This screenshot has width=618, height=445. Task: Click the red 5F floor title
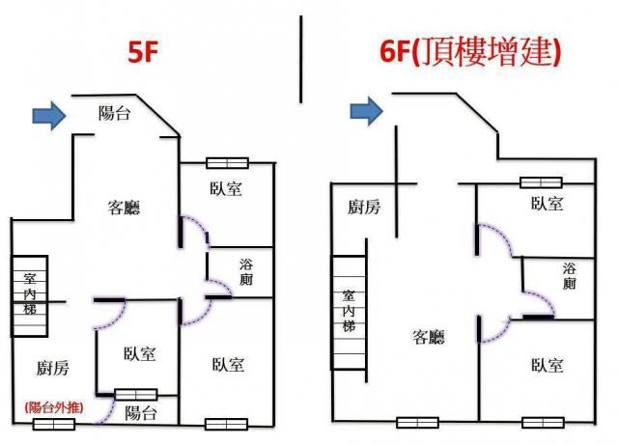(x=143, y=51)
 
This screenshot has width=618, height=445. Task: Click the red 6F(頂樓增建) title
(x=470, y=52)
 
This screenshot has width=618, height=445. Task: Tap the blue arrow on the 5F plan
(x=49, y=115)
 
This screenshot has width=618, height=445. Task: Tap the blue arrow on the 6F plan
(x=367, y=111)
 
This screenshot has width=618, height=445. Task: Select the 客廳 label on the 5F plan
(x=124, y=208)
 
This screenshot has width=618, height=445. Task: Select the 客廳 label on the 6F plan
(x=429, y=337)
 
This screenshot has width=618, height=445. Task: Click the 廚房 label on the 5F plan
(x=53, y=368)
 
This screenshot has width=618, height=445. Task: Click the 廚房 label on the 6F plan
(x=364, y=207)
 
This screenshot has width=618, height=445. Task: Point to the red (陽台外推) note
(x=54, y=407)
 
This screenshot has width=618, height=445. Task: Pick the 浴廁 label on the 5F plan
(x=246, y=272)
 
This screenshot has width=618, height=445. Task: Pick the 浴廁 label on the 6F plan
(x=569, y=276)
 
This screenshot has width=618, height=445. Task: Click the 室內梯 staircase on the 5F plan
(x=30, y=296)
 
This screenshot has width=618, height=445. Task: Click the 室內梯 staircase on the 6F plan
(x=349, y=313)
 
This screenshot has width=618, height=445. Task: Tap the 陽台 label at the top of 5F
(x=114, y=114)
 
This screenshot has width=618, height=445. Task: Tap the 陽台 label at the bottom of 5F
(x=141, y=414)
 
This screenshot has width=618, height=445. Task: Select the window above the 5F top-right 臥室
(x=228, y=163)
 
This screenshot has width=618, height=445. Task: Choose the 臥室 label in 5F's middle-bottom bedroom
(x=139, y=354)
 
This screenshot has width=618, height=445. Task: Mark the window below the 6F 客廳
(x=417, y=423)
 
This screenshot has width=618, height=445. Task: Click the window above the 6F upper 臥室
(x=541, y=182)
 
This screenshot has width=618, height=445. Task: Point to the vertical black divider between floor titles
(x=301, y=60)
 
